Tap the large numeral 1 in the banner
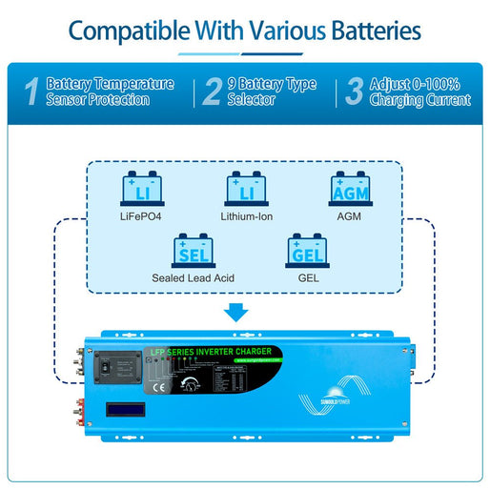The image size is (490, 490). tap(31, 92)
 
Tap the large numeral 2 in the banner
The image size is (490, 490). tap(212, 92)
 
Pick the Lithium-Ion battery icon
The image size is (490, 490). tap(244, 188)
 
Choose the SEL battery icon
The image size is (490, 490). tap(193, 251)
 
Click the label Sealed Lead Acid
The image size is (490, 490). tap(194, 279)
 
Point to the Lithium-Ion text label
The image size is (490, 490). tap(245, 216)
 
